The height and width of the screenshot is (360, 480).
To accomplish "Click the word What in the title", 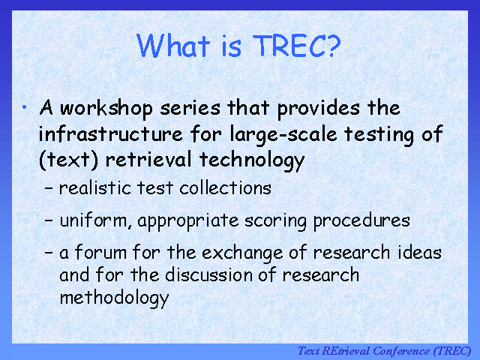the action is (x=173, y=45).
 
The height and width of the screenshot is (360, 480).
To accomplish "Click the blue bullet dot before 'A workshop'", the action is (x=25, y=107).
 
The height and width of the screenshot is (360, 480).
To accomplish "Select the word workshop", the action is (x=106, y=108).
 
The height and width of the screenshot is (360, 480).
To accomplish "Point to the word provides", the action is (x=318, y=108).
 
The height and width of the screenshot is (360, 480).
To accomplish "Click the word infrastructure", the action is (x=110, y=133).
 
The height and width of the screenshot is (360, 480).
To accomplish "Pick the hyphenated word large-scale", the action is (x=283, y=135).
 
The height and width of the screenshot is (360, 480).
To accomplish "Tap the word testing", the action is (x=379, y=135).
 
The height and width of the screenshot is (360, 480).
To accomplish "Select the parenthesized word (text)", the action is (x=68, y=160).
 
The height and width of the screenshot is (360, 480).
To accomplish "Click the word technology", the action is (x=252, y=160).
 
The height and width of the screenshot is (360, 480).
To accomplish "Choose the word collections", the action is (x=225, y=187).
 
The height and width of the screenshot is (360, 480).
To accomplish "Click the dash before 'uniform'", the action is (x=49, y=220).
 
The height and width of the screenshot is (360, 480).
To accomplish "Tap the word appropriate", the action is (x=188, y=221).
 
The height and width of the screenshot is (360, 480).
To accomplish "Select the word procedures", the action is (x=361, y=221).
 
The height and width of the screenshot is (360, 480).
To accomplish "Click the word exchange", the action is (x=242, y=253).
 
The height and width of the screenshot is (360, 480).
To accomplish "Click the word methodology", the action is (x=114, y=298).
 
